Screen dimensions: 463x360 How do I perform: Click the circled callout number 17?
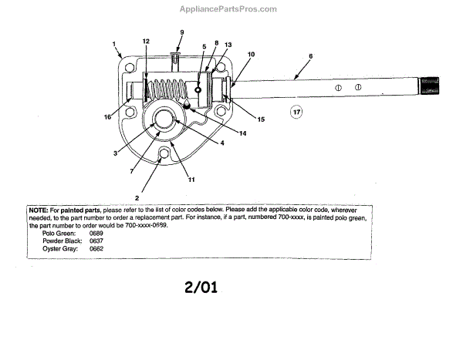click(297, 113)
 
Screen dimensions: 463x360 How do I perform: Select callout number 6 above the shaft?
click(309, 56)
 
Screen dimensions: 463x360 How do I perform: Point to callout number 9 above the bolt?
click(182, 32)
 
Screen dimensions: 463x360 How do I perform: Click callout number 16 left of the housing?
click(108, 118)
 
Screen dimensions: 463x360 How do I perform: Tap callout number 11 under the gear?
click(191, 180)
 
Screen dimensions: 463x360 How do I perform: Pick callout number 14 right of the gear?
click(242, 133)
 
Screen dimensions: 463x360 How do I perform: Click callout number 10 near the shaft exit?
click(251, 55)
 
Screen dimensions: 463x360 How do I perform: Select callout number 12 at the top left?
click(146, 40)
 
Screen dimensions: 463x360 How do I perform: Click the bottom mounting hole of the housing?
click(162, 159)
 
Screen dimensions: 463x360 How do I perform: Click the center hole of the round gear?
click(164, 119)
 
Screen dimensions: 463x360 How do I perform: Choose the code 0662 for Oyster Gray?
click(96, 248)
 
